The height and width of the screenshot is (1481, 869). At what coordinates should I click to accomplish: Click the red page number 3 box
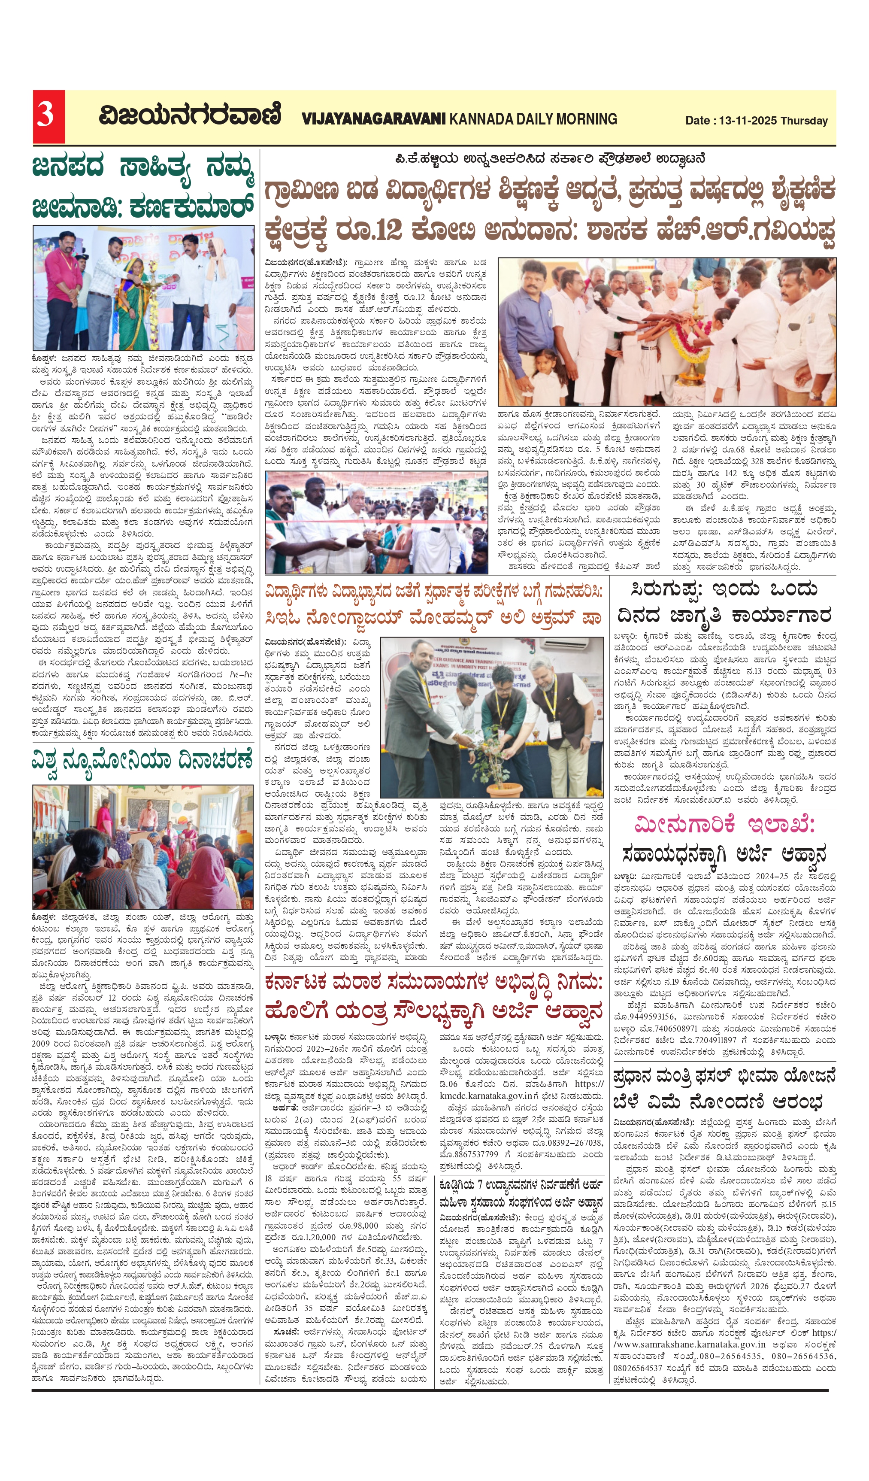(x=48, y=117)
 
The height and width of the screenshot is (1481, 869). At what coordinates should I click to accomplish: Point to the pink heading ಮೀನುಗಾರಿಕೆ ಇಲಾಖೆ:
(x=724, y=825)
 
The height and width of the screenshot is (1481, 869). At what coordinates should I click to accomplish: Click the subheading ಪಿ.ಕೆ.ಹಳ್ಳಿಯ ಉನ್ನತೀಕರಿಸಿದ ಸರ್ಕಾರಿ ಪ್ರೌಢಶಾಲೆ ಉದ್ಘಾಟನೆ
(x=549, y=159)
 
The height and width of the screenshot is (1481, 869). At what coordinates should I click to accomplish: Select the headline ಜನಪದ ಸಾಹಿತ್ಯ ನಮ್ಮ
(x=143, y=169)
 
